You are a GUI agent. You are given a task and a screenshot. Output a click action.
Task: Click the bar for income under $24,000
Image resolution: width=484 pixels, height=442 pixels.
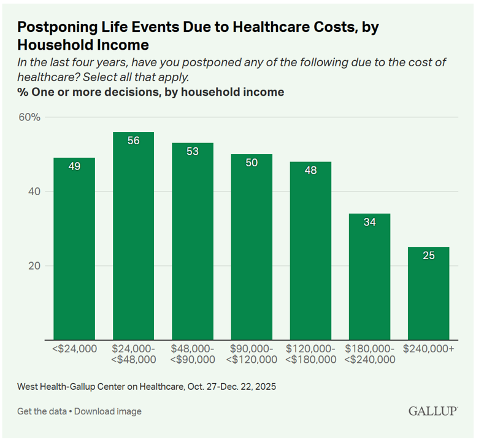74,249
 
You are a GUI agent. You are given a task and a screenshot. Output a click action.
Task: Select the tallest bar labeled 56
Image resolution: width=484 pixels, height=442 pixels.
133,236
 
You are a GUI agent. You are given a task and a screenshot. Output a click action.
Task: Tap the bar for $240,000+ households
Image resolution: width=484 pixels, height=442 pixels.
428,293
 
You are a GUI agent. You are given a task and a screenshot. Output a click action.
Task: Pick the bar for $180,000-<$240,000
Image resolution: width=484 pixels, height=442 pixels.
369,276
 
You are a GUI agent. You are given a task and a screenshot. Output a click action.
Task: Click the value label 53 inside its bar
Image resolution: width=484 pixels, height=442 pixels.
193,151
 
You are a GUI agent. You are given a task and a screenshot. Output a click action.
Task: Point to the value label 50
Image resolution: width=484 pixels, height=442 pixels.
252,163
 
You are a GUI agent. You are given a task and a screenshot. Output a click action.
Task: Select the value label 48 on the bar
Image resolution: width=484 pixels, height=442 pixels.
310,170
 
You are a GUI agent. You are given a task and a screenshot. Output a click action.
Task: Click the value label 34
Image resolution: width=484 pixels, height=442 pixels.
369,222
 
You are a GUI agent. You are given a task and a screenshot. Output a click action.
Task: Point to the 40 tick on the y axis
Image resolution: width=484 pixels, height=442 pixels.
34,192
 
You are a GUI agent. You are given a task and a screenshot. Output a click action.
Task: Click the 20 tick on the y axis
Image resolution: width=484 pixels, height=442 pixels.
34,266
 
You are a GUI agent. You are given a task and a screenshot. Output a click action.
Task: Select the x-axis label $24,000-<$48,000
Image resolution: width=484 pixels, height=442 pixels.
133,354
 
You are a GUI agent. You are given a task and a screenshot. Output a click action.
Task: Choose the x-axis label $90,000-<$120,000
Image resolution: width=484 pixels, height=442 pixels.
252,354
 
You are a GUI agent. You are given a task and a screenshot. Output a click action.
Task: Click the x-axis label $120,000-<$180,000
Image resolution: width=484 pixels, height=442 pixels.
310,354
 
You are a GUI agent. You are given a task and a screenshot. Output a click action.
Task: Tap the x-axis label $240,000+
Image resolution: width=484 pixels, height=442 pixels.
428,348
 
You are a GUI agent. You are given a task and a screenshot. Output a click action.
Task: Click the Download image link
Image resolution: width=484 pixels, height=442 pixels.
108,411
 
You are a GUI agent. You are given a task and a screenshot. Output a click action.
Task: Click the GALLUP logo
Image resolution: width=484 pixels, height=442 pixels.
432,411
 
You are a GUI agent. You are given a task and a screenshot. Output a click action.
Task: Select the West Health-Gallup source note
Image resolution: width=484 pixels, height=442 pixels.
146,387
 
